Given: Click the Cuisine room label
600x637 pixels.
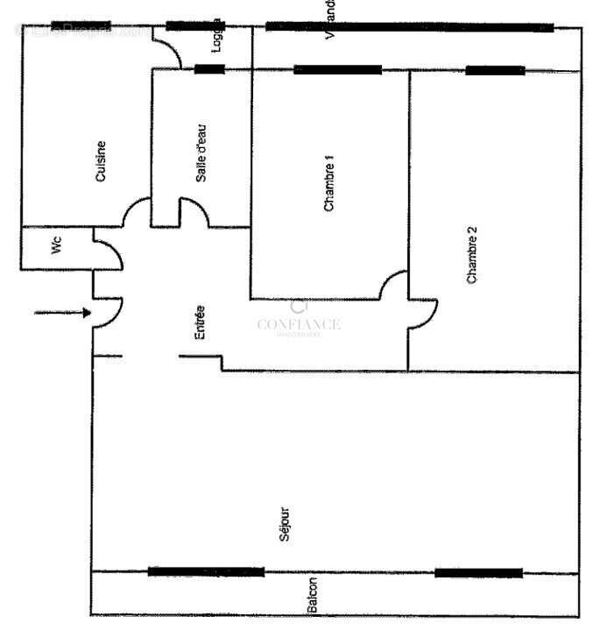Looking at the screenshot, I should click(x=102, y=161).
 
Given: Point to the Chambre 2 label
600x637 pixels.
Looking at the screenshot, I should click(x=472, y=255).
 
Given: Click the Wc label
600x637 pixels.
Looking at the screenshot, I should click(x=57, y=248).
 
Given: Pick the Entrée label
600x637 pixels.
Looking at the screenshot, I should click(x=201, y=322).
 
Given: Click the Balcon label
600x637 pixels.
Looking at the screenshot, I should click(x=313, y=597).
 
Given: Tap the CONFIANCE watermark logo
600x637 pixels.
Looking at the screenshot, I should click(x=299, y=322).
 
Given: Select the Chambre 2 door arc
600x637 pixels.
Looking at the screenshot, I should click(x=424, y=314).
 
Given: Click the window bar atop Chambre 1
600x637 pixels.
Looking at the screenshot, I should click(x=337, y=69).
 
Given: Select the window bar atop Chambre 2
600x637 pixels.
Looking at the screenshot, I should click(x=495, y=70).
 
